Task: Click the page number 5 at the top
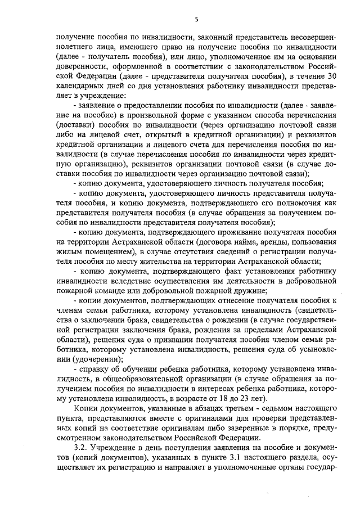(x=197, y=19)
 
